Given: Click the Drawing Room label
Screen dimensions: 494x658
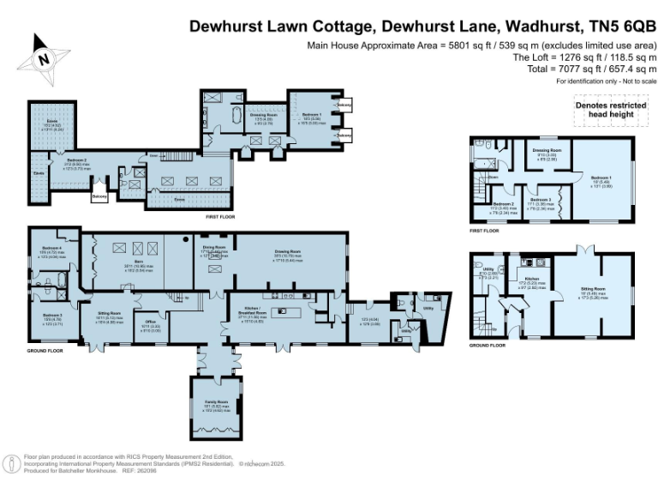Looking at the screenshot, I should (x=289, y=251).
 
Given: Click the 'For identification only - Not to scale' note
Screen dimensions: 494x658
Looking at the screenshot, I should (x=605, y=80).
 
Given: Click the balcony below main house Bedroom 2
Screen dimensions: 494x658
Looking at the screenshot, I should (x=100, y=196).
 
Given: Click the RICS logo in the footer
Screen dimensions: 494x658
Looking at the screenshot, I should (x=13, y=463).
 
